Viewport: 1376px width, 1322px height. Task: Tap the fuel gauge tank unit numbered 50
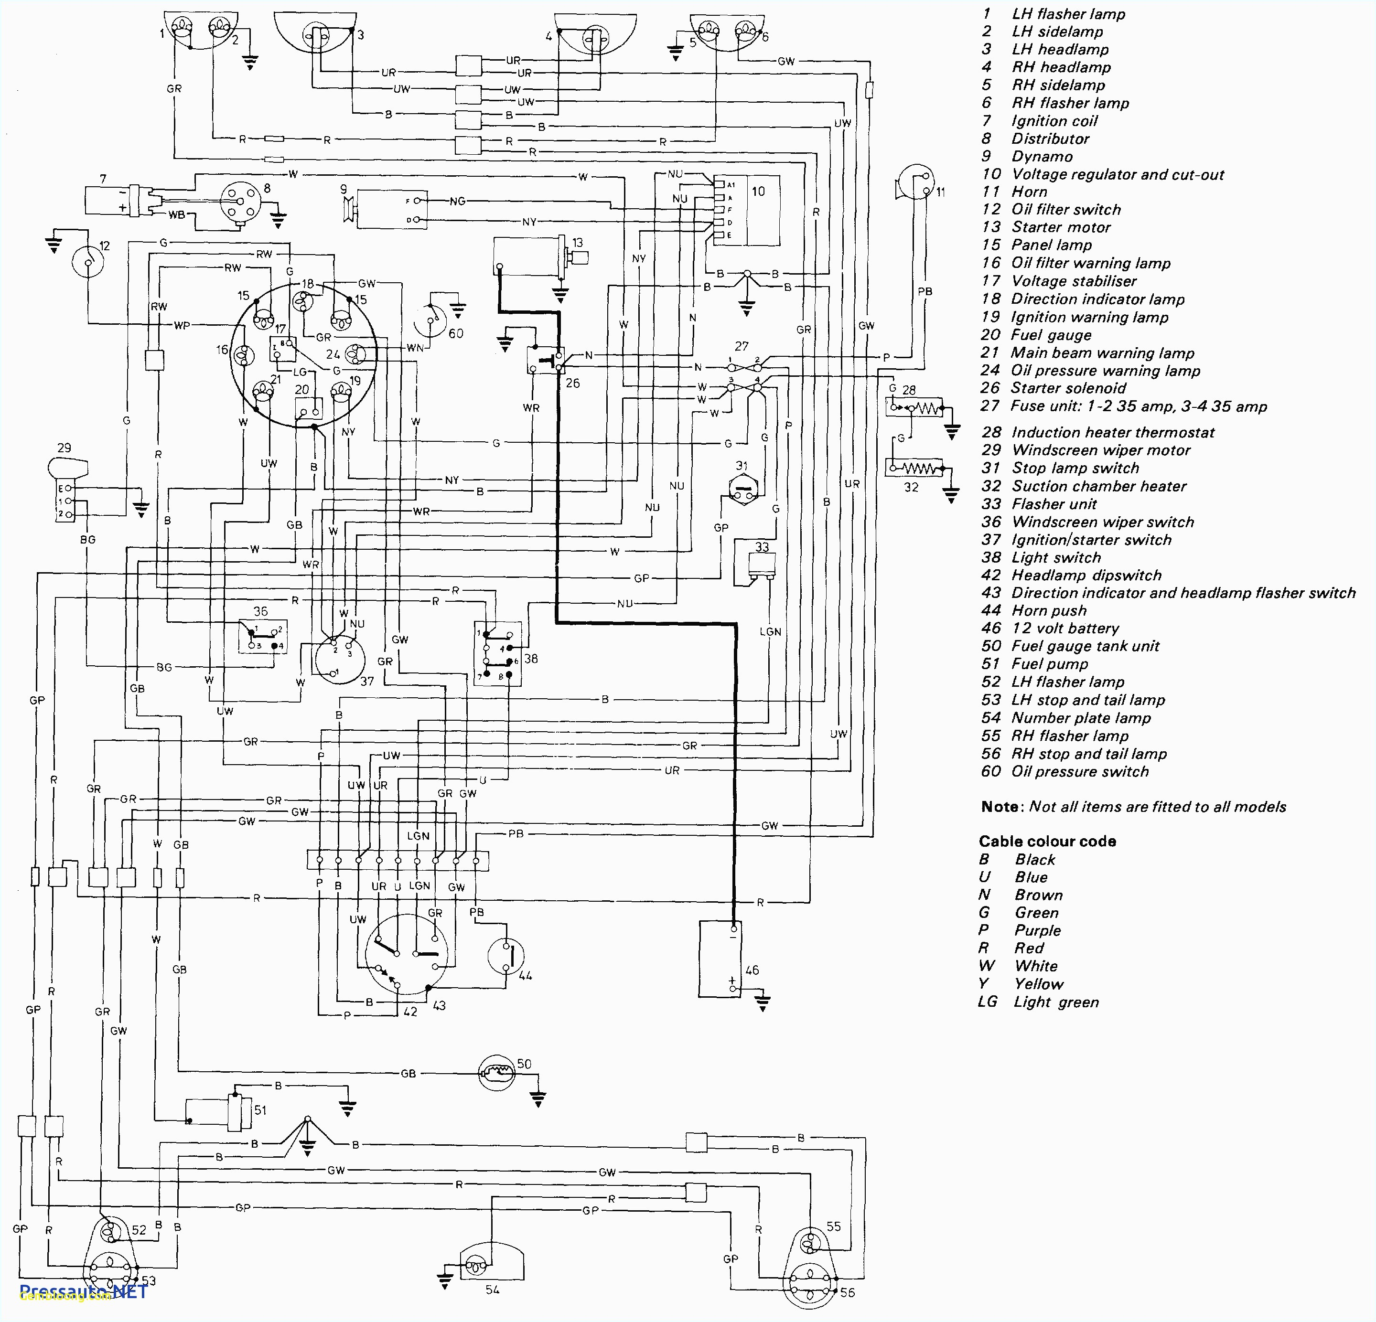[x=497, y=1073]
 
